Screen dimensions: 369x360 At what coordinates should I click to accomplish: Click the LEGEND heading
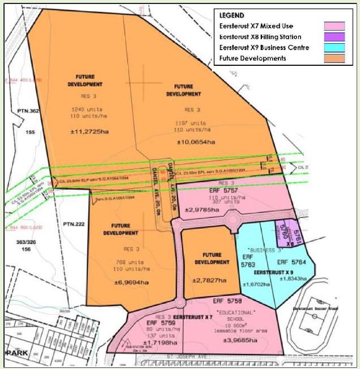(232, 16)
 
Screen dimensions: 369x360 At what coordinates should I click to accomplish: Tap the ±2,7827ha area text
(206, 280)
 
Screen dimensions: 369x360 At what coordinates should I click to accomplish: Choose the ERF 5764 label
(292, 263)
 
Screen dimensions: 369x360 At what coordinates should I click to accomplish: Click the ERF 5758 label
(227, 301)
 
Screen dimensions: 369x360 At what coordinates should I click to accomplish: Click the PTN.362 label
(27, 111)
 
